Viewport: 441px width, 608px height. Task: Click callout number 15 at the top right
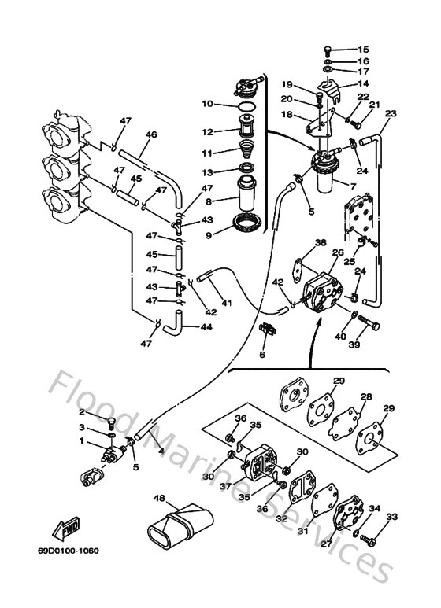(x=363, y=49)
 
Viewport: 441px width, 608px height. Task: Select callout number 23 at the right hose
(x=391, y=113)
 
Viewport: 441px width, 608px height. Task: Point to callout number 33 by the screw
(x=392, y=516)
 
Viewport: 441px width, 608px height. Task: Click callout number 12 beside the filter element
(x=206, y=131)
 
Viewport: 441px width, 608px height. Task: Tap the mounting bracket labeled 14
(x=330, y=83)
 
